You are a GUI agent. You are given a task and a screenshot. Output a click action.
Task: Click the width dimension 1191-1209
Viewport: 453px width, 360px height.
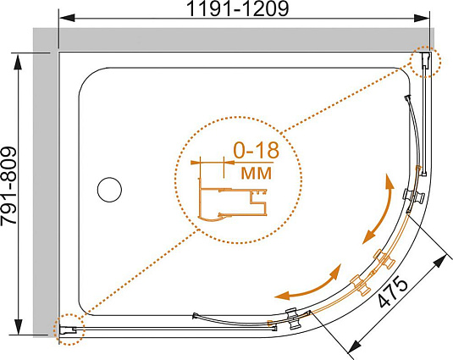click(238, 8)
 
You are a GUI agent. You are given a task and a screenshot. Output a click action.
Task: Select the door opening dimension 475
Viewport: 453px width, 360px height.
click(393, 292)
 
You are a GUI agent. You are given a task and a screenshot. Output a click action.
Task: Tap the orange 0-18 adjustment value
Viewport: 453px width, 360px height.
click(257, 150)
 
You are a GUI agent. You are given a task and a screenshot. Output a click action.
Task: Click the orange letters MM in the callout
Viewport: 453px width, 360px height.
click(257, 173)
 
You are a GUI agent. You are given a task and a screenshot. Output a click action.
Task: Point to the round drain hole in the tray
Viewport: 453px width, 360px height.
click(109, 190)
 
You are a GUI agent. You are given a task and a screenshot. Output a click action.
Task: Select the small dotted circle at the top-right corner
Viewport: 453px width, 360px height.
click(426, 62)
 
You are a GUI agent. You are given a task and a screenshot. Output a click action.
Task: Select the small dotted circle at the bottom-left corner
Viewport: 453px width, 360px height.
click(69, 330)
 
